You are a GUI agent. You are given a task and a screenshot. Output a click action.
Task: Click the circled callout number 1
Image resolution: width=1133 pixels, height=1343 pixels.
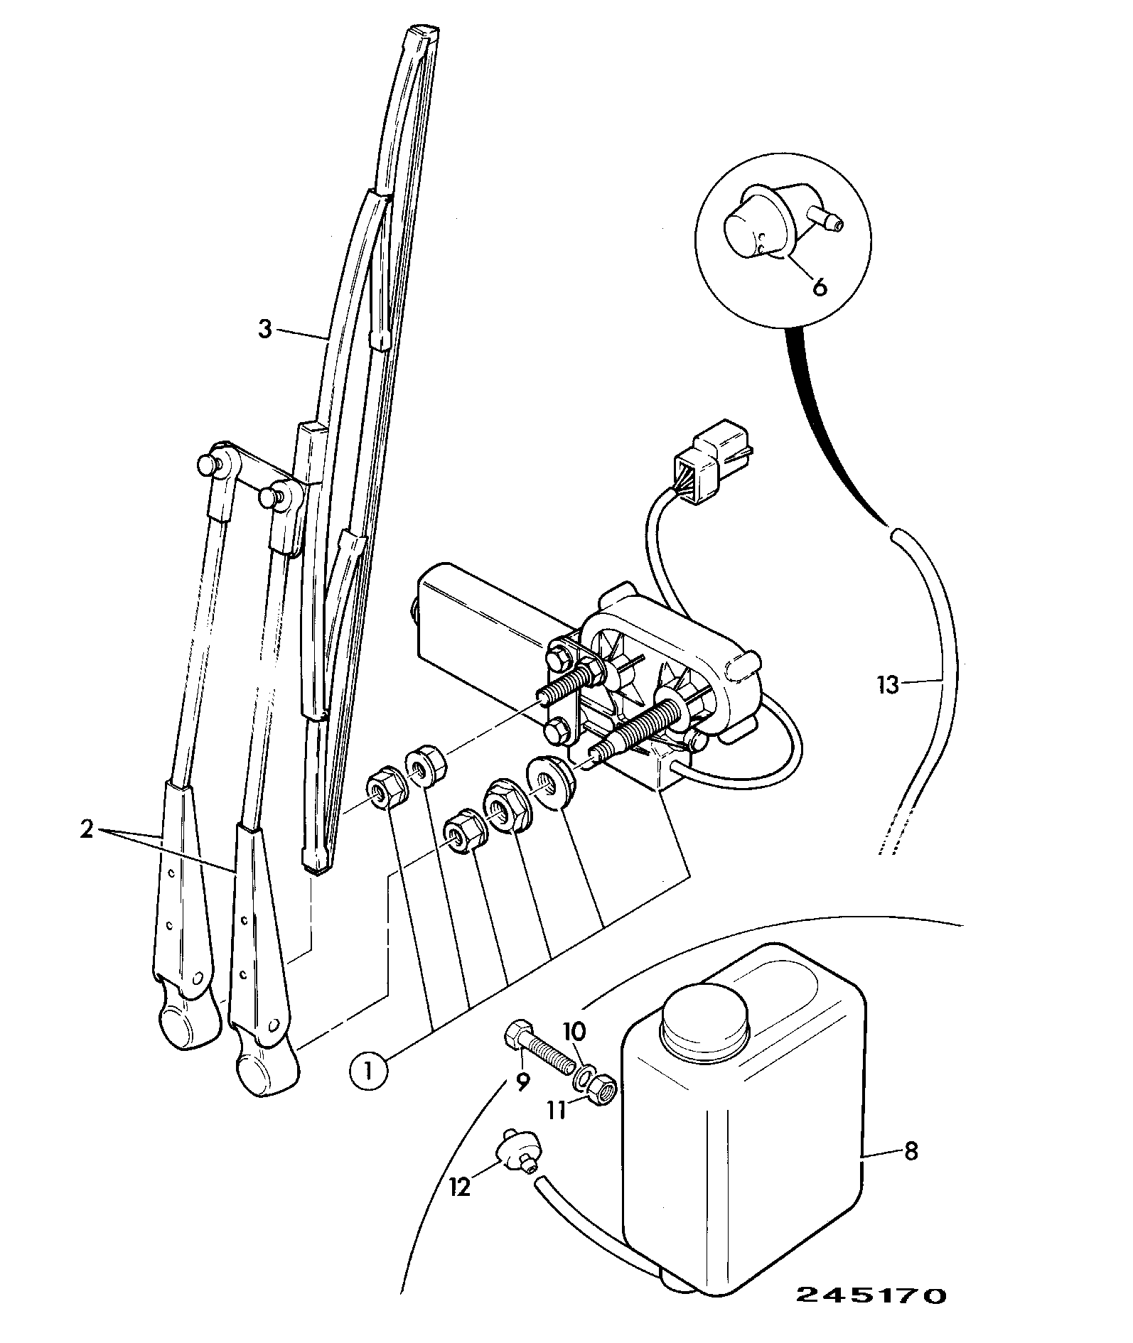pyautogui.click(x=368, y=1070)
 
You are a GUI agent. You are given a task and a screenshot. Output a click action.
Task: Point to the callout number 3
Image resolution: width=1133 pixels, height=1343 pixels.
pyautogui.click(x=264, y=330)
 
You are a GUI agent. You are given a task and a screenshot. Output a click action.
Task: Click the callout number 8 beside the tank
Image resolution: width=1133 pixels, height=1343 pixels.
pyautogui.click(x=911, y=1150)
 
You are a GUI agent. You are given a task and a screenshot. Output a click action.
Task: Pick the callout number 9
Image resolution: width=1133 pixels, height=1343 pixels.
pyautogui.click(x=522, y=1101)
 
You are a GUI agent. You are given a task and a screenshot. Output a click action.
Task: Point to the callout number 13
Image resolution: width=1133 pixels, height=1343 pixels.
pyautogui.click(x=888, y=686)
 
